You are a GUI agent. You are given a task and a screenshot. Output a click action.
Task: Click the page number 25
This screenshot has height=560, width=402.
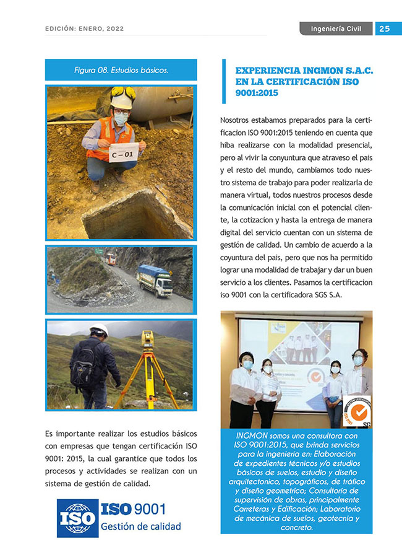coord(384,28)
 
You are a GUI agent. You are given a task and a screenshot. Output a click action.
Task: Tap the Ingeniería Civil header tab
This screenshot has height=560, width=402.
coord(336,28)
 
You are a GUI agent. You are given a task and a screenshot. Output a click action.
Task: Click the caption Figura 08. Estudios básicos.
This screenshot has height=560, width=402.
coord(121,70)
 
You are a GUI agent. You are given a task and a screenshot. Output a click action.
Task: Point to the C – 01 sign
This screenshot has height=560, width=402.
coord(124,153)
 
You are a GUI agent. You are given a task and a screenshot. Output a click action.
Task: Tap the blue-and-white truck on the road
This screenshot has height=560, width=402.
coord(153,281)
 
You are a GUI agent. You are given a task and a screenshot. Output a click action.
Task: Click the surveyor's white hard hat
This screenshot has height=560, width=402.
coord(98,330)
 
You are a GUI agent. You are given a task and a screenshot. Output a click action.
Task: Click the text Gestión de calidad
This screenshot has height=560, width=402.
coord(140,527)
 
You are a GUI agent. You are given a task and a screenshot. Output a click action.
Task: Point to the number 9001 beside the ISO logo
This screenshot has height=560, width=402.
coord(149,509)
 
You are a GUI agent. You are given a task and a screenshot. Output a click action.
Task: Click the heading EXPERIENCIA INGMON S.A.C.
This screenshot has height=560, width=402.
coord(304,71)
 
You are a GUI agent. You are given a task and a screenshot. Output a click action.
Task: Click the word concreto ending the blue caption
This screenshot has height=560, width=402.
coord(297,528)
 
